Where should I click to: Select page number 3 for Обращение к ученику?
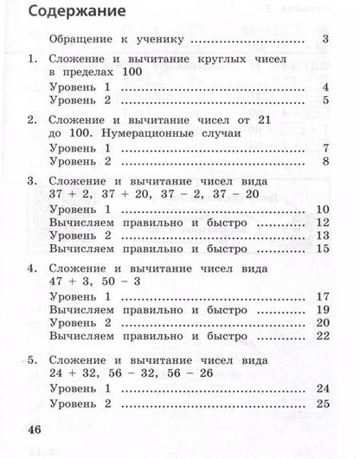pos(324,40)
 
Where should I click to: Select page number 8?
pos(324,162)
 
